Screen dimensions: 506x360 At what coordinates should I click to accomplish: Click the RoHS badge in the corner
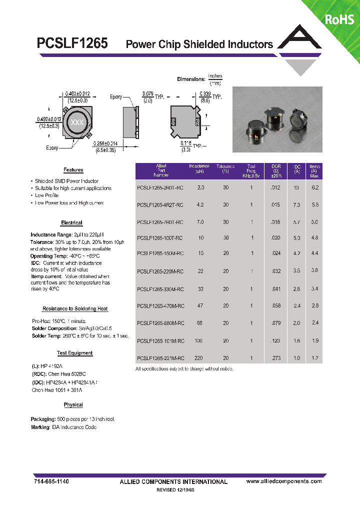pos(339,19)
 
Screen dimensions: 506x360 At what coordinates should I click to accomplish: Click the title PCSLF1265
pos(72,43)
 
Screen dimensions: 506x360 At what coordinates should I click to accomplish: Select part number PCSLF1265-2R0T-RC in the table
pos(160,188)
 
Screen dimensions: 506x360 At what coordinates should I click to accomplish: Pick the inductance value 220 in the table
pos(199,358)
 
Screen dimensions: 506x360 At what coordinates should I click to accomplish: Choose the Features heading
pos(73,170)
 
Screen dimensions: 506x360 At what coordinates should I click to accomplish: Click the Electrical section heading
pos(71,222)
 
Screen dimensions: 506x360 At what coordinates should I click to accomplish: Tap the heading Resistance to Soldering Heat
pos(75,308)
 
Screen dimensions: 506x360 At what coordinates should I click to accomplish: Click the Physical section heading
pos(73,404)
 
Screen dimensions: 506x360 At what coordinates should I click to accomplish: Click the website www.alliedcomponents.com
pos(284,481)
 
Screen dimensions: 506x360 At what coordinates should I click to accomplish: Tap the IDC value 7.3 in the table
pos(296,205)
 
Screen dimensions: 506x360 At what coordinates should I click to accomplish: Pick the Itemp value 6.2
pos(314,188)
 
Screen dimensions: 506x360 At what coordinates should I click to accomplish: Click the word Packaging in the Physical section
pos(42,419)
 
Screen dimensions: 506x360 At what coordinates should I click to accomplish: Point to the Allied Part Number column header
pos(161,171)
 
